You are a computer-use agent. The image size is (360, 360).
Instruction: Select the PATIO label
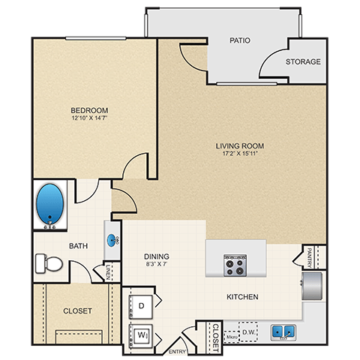pyautogui.click(x=241, y=40)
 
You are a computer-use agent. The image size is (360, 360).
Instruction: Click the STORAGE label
pyautogui.click(x=304, y=62)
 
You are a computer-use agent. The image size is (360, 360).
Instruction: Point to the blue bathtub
pyautogui.click(x=51, y=204)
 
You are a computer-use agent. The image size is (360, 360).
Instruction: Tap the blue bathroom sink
pyautogui.click(x=114, y=240)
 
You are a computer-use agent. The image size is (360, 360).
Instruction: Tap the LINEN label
pyautogui.click(x=108, y=271)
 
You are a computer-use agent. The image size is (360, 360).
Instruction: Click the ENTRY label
pyautogui.click(x=178, y=351)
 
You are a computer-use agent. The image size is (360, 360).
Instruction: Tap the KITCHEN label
pyautogui.click(x=243, y=297)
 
